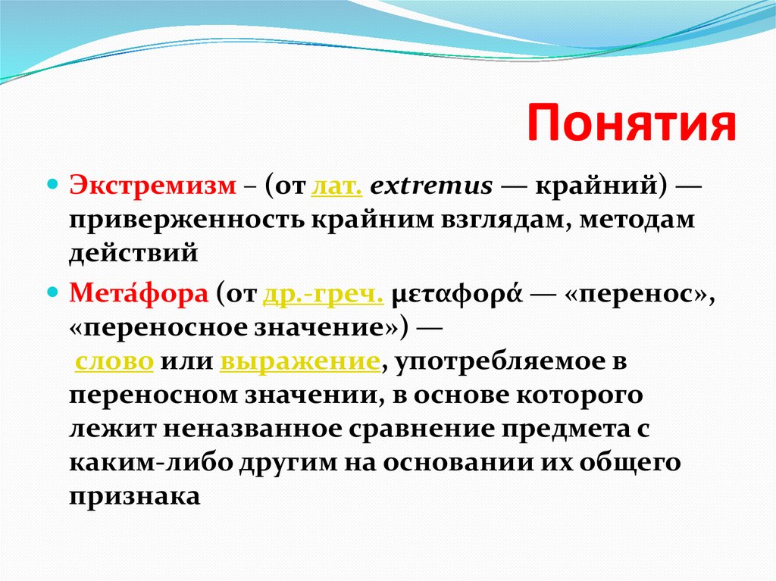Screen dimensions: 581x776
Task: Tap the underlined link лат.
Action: (x=336, y=186)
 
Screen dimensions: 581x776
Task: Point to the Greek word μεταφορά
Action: (x=452, y=294)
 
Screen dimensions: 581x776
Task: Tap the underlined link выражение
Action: (x=299, y=361)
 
